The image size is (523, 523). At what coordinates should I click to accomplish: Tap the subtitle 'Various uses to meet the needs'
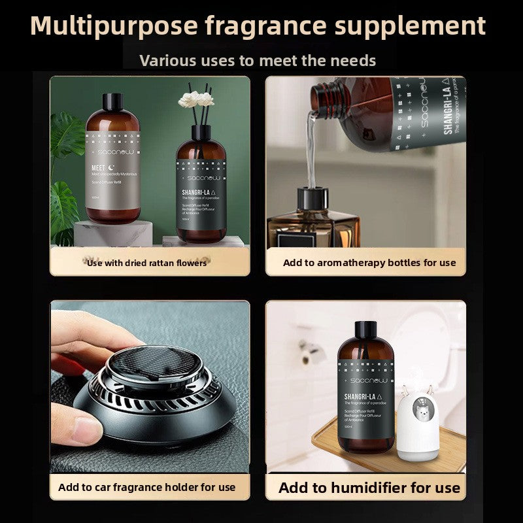tap(258, 61)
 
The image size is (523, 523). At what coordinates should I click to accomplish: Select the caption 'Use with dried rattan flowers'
tap(147, 263)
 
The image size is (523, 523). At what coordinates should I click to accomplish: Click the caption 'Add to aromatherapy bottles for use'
tap(369, 263)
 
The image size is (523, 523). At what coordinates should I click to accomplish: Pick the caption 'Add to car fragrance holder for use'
tap(146, 487)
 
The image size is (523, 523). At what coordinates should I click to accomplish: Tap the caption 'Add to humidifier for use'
tap(369, 488)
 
